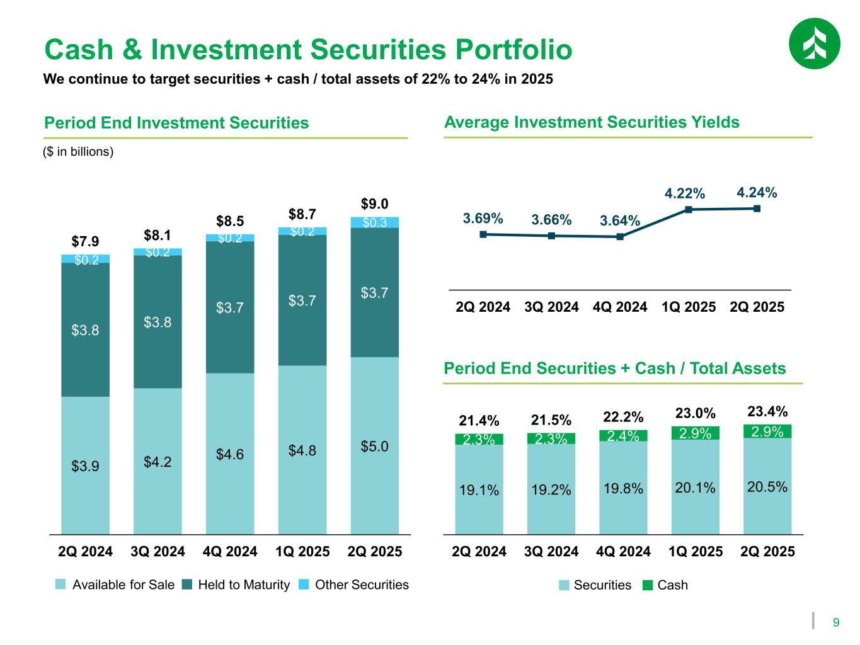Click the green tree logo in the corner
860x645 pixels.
click(x=814, y=43)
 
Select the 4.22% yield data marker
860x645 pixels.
click(x=689, y=210)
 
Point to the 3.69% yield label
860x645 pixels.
click(x=483, y=219)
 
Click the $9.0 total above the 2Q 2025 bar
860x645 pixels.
click(x=374, y=203)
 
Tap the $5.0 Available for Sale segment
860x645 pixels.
click(x=375, y=446)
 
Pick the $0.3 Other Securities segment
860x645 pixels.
click(x=375, y=222)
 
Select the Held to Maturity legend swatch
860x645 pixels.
click(x=188, y=585)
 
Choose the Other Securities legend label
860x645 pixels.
click(x=362, y=585)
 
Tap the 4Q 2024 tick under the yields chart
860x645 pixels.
click(x=620, y=307)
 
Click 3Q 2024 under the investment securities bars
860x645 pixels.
click(x=158, y=552)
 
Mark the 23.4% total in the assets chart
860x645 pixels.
click(x=767, y=411)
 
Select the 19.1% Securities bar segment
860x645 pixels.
click(x=479, y=489)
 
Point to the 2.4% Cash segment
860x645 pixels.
click(x=623, y=436)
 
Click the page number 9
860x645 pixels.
click(x=836, y=623)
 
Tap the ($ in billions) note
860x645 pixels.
click(x=78, y=152)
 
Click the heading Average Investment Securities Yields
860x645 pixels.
click(x=592, y=122)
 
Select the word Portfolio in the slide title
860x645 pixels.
click(x=497, y=50)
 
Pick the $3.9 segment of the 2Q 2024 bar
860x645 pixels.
click(x=85, y=465)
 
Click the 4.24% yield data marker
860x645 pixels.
click(x=757, y=208)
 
